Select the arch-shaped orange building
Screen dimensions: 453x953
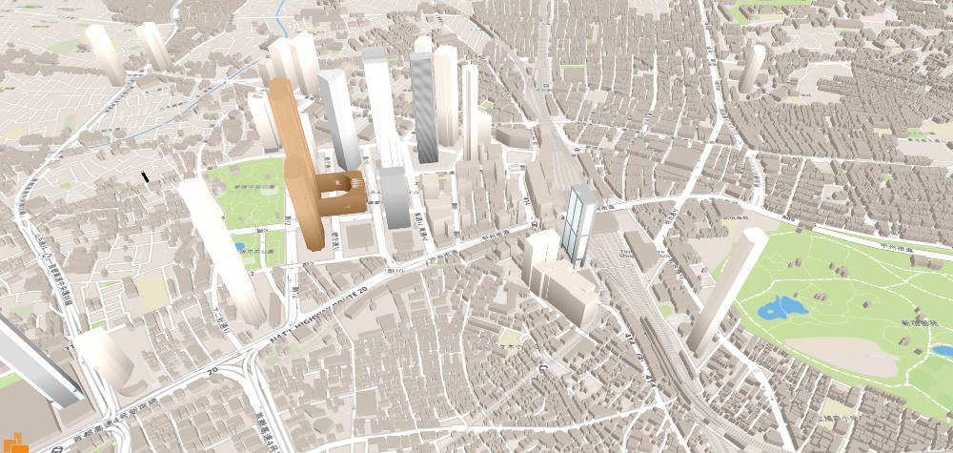pyautogui.click(x=338, y=196)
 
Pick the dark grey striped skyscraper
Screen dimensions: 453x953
pyautogui.click(x=425, y=110)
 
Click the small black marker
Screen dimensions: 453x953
pyautogui.click(x=145, y=176)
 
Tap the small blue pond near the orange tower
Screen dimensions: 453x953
pyautogui.click(x=237, y=247)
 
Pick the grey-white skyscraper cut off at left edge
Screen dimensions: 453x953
pyautogui.click(x=38, y=362)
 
